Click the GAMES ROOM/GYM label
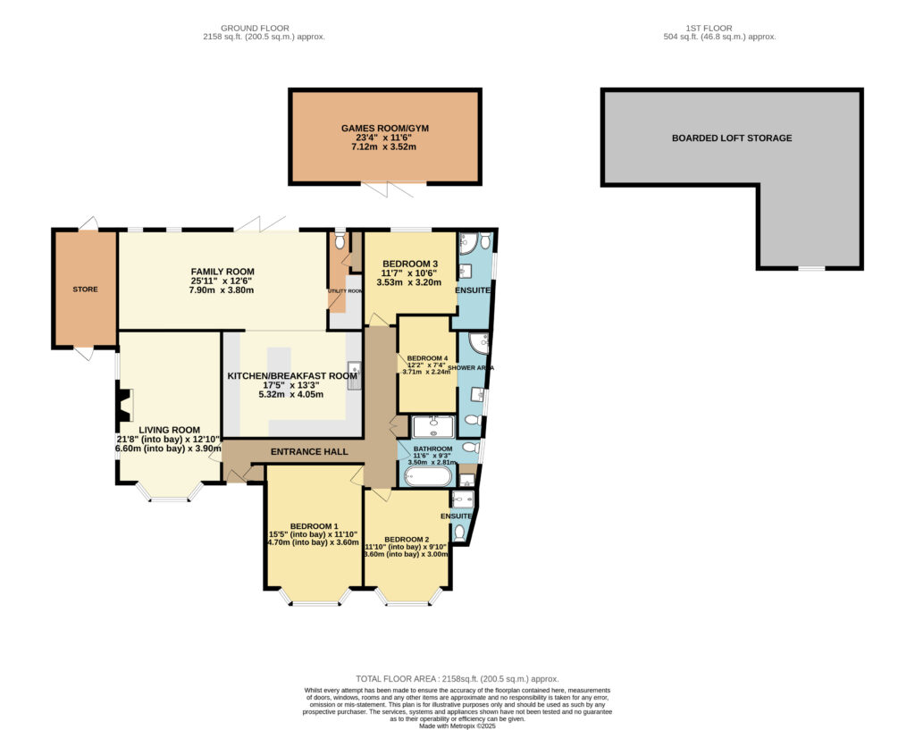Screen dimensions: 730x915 385,129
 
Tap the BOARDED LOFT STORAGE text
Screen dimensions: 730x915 732,138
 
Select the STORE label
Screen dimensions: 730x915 85,289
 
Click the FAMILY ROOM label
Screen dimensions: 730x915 222,272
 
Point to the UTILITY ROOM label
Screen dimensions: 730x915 345,291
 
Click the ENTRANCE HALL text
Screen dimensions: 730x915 309,452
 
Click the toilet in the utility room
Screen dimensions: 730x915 339,240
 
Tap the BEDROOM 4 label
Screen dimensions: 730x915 427,358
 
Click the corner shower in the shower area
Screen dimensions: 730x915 478,342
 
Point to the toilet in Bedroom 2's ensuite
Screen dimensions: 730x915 459,532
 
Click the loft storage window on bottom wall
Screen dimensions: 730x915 811,268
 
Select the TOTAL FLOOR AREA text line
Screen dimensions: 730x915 457,679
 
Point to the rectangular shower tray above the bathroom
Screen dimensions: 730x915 433,425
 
